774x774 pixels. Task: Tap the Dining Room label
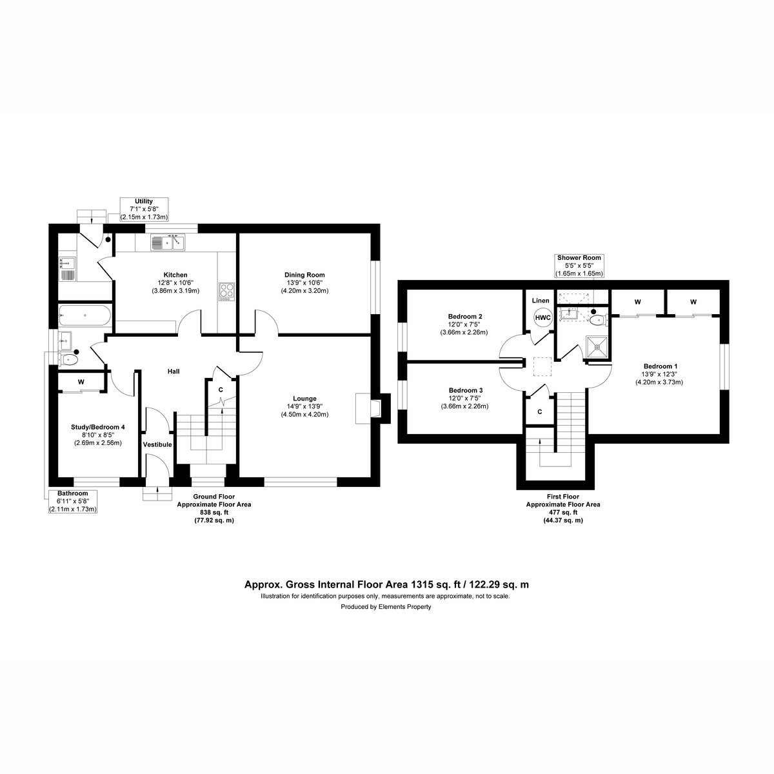[304, 275]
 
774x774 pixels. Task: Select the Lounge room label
[304, 399]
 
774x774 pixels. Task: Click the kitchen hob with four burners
[226, 291]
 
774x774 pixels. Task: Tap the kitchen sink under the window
[168, 243]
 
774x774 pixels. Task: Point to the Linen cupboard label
[541, 301]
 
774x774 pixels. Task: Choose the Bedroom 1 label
[659, 366]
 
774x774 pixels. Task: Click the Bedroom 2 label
[465, 316]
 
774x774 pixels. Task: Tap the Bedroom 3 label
[465, 390]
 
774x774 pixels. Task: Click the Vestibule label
[157, 444]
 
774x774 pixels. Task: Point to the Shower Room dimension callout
[579, 266]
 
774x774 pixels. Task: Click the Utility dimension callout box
[143, 210]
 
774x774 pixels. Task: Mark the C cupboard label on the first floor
[539, 412]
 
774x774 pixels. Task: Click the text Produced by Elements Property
[386, 607]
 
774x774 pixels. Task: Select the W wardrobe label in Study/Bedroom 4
[81, 382]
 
